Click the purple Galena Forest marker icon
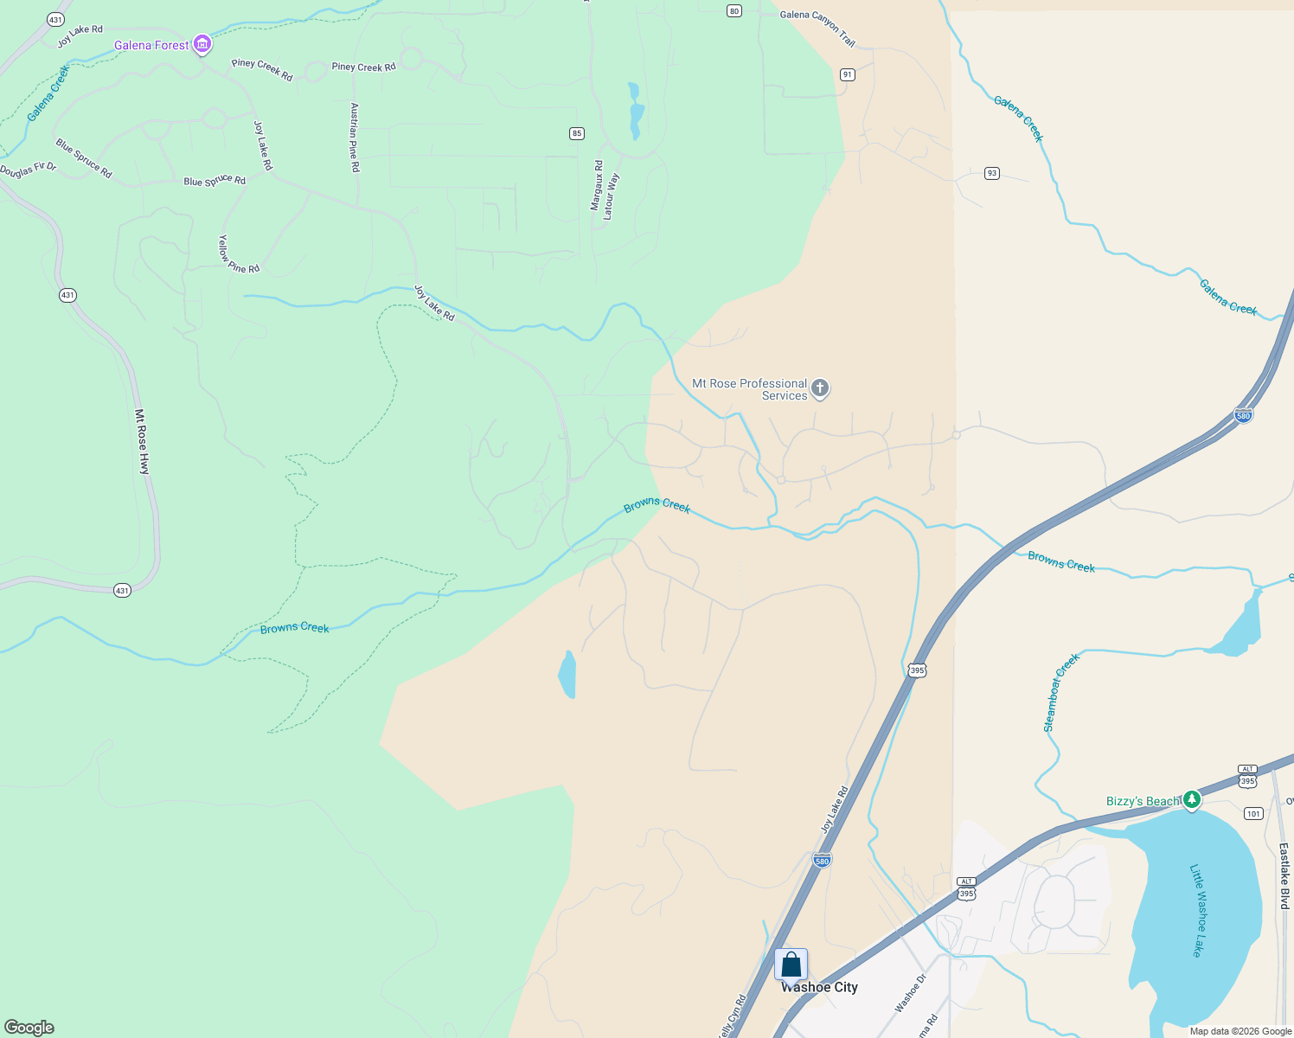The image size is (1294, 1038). [x=202, y=44]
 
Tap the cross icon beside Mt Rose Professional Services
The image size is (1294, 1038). [x=820, y=389]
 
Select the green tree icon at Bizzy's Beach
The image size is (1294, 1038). [x=1192, y=800]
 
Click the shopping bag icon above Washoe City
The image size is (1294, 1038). [x=791, y=964]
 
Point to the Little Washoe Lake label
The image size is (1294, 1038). [x=1197, y=911]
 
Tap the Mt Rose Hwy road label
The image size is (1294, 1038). [x=143, y=441]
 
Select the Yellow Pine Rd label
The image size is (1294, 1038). [x=239, y=254]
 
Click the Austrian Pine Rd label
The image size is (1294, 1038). [x=355, y=138]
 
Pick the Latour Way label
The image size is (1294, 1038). [x=611, y=196]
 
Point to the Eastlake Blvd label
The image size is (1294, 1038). [x=1284, y=875]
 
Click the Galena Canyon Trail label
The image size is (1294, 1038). [x=817, y=27]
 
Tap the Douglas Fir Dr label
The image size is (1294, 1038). [x=28, y=170]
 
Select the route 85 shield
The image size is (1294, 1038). [x=577, y=133]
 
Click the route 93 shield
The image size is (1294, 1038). [x=991, y=173]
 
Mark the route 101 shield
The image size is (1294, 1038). [x=1253, y=813]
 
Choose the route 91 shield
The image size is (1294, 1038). [x=847, y=74]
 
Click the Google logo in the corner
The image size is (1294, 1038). [x=29, y=1028]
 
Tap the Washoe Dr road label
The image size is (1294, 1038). [x=910, y=993]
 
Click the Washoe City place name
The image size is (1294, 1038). [x=819, y=988]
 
